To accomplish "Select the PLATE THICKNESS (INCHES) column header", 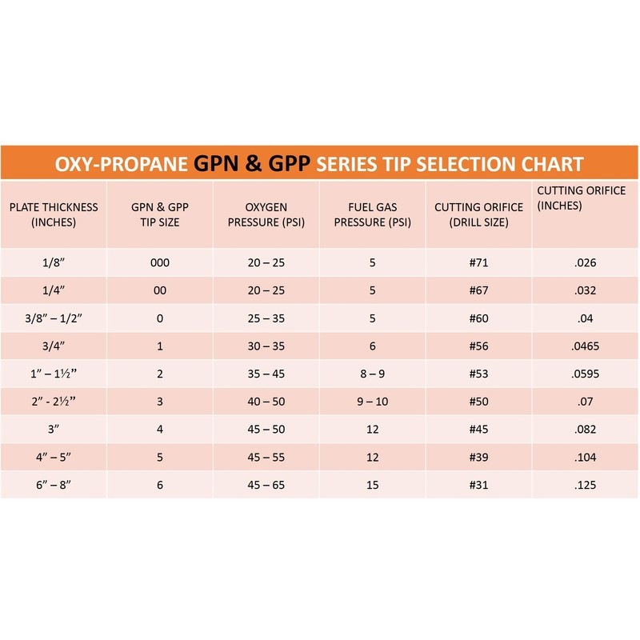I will click(x=54, y=214).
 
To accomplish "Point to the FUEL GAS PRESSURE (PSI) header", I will click(x=372, y=214).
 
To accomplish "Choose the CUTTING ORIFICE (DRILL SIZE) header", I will click(x=478, y=214).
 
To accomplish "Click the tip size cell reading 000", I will click(x=160, y=262).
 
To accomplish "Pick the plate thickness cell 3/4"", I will click(x=54, y=346).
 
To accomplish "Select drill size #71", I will click(x=478, y=262).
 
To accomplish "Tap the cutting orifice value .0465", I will click(x=586, y=346).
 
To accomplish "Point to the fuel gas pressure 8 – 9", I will click(x=372, y=374).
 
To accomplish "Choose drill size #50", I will click(x=478, y=402).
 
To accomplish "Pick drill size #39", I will click(x=478, y=458).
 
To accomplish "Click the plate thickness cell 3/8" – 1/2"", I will click(x=54, y=318).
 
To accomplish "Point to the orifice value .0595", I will click(x=586, y=374).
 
